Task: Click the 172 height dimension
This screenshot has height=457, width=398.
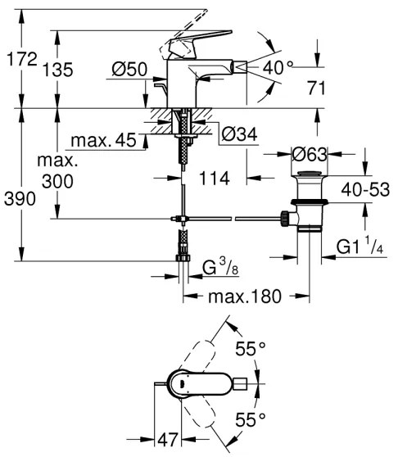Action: click(x=20, y=59)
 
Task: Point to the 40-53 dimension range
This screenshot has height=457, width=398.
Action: click(x=365, y=188)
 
